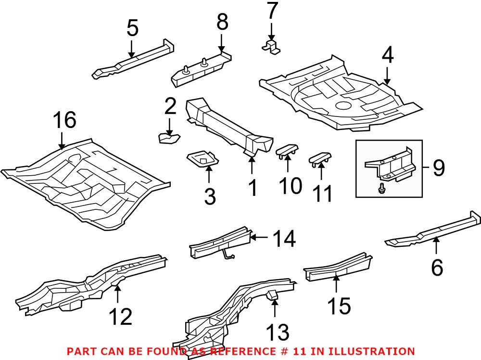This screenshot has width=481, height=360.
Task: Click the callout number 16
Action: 64,120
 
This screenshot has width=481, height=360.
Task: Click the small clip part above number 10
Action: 287,151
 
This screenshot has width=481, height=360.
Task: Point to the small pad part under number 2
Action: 168,139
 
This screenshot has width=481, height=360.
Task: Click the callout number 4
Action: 387,56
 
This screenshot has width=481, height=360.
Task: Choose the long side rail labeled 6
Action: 433,229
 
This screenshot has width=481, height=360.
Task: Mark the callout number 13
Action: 278,332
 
